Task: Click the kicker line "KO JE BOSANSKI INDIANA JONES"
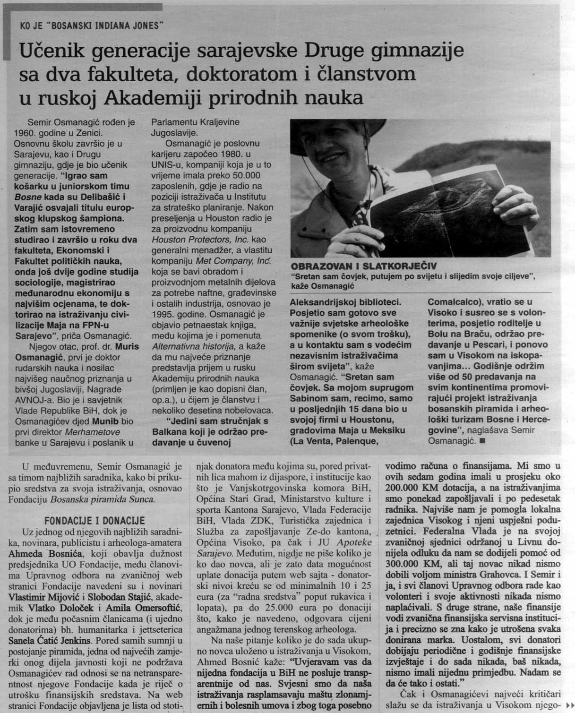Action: [x=92, y=26]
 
